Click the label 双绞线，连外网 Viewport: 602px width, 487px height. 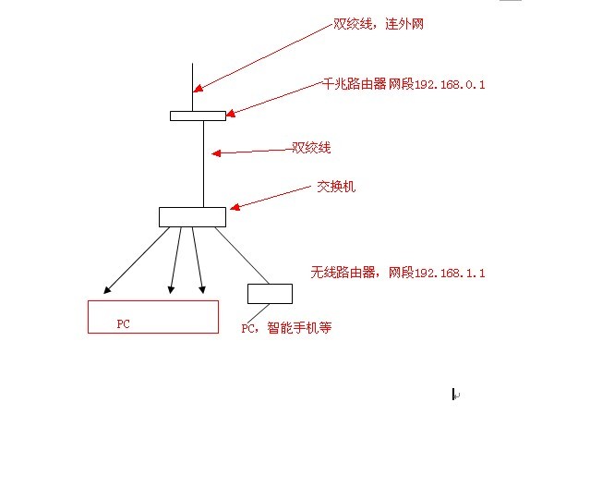[x=379, y=24]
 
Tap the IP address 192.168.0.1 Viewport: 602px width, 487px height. [x=450, y=85]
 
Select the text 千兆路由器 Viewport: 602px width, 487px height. [x=355, y=84]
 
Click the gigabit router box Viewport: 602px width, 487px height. [x=199, y=116]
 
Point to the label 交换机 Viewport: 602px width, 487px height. [x=336, y=187]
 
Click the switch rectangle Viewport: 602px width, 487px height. [x=192, y=217]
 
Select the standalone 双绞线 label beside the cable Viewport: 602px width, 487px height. [x=311, y=148]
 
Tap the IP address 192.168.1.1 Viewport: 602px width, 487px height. [x=450, y=273]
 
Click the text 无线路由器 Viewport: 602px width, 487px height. [x=343, y=273]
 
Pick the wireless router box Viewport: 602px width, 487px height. [x=270, y=294]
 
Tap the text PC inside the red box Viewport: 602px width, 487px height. [x=123, y=324]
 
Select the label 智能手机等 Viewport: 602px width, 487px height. [x=299, y=328]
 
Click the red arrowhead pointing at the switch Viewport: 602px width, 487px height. [x=235, y=207]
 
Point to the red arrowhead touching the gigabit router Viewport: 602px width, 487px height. [x=230, y=113]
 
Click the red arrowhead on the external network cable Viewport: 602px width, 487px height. [x=198, y=89]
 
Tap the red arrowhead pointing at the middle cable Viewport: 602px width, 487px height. [x=216, y=153]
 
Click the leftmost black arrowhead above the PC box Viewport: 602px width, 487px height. [x=107, y=290]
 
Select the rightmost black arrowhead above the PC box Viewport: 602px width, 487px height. [x=202, y=290]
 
